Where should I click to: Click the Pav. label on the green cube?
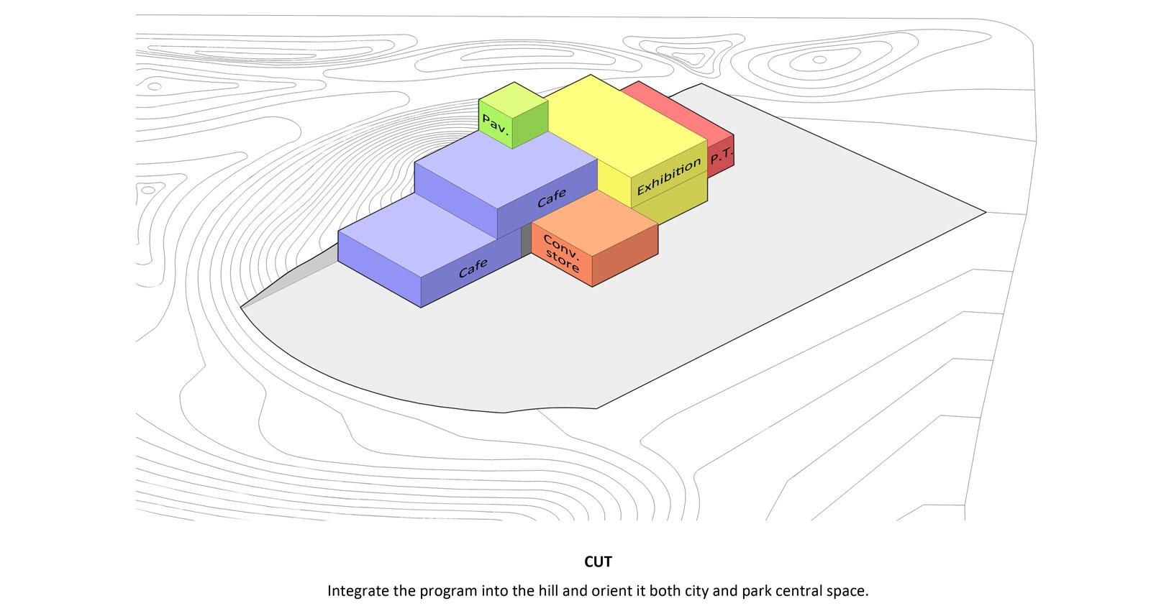[495, 124]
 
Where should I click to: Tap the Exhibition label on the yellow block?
[669, 176]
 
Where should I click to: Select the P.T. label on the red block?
[722, 155]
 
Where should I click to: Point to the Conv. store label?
[562, 254]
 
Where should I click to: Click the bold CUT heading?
[598, 561]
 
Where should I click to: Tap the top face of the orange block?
[594, 222]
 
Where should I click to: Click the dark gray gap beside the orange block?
[526, 240]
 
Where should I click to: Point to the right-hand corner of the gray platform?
[985, 212]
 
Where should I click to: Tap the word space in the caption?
[846, 592]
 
